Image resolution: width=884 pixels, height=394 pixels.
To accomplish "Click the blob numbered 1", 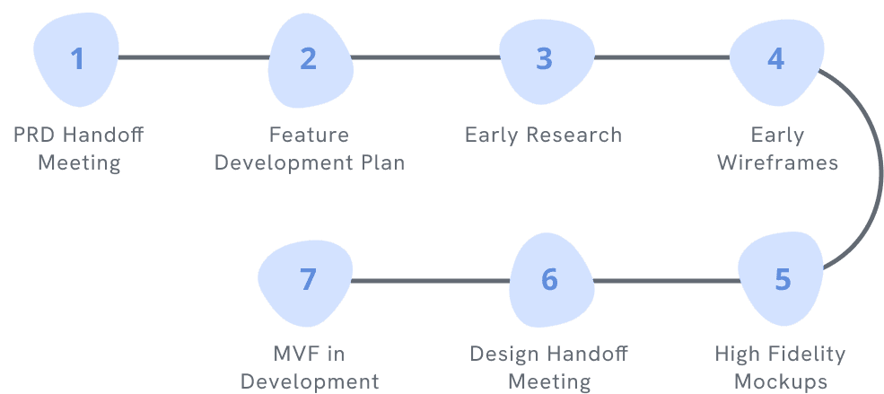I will click(77, 58).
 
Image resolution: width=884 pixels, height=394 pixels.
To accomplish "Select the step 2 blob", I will click(309, 58).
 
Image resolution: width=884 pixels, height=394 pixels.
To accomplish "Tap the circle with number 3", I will click(545, 58).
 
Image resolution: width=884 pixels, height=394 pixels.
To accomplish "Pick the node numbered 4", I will click(775, 58).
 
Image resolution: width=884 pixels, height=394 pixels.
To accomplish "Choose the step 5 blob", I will click(782, 279).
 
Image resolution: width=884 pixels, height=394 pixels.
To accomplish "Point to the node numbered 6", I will click(550, 279).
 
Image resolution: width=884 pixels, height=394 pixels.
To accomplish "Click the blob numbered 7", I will click(307, 279).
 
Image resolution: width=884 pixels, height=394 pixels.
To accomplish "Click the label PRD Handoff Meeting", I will click(78, 149).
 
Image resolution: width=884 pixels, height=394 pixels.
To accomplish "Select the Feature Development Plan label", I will click(309, 149).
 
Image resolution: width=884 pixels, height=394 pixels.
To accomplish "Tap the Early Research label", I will click(543, 136).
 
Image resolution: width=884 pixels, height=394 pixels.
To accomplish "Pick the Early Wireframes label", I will click(777, 149).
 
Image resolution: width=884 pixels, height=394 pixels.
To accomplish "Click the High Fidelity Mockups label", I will click(780, 367).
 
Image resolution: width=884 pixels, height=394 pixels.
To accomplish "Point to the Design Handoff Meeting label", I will click(549, 367).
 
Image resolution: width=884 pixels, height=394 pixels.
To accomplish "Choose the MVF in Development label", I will click(309, 367).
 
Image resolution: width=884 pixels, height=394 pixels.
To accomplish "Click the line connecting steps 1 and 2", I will click(193, 58).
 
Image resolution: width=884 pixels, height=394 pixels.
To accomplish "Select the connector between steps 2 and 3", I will click(426, 58).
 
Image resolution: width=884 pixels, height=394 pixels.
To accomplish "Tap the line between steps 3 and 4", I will click(661, 58).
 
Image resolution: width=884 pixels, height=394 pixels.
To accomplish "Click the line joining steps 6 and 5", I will click(666, 281).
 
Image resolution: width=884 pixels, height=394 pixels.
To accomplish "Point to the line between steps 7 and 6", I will click(429, 281).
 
